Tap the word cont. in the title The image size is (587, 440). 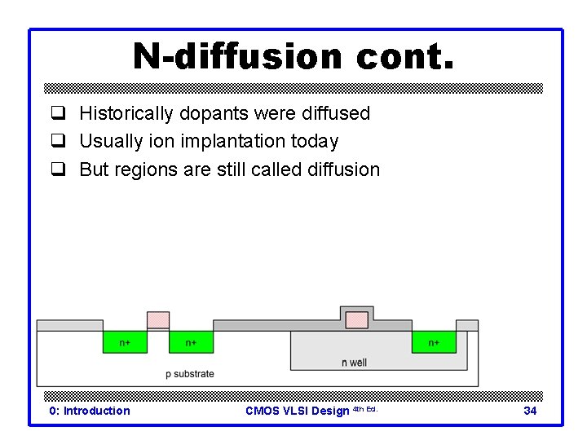point(404,57)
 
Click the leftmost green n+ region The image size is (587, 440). point(125,342)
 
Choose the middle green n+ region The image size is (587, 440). point(191,342)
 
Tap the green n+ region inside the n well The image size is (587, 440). point(434,342)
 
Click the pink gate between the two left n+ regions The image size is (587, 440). point(158,320)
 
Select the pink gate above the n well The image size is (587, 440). point(356,319)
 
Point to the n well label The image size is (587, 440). point(354,363)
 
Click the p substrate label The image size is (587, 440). point(189,374)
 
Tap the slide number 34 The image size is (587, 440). point(530,411)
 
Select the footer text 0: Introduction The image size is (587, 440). point(89,411)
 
